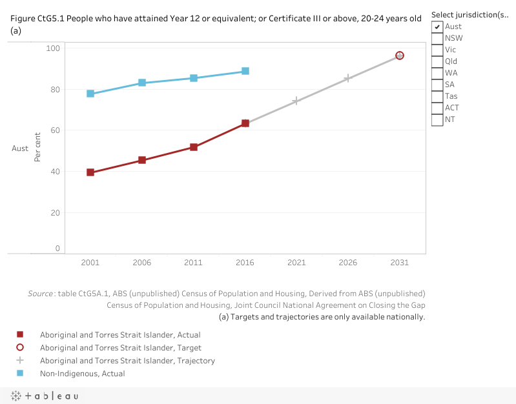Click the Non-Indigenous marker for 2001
tap(90, 94)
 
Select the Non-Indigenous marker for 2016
tap(245, 71)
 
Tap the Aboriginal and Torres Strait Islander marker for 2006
tap(142, 160)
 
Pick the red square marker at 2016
tap(245, 123)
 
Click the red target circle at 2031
tap(400, 56)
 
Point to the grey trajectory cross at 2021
tap(296, 101)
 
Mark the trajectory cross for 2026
tap(348, 78)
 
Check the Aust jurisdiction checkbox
tap(437, 26)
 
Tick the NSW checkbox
tap(437, 38)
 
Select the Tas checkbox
tap(437, 96)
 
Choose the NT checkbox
tap(437, 119)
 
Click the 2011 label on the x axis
tap(193, 263)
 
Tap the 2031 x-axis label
tap(400, 263)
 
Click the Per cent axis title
tap(37, 147)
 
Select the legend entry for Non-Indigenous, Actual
tap(82, 374)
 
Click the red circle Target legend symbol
tap(20, 348)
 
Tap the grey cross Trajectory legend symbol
tap(20, 361)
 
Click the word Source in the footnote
tap(41, 294)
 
